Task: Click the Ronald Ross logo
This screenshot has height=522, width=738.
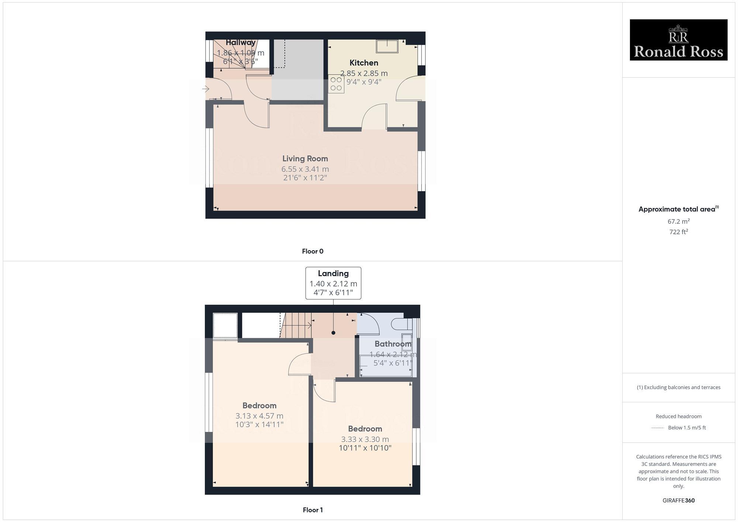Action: click(x=678, y=40)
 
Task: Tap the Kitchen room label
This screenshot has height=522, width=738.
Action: click(x=364, y=63)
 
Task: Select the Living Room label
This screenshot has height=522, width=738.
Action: click(x=305, y=159)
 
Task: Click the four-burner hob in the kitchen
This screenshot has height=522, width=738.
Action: click(x=336, y=84)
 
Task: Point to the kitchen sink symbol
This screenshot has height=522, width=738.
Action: click(x=387, y=47)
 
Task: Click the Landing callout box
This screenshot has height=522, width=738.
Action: click(x=333, y=283)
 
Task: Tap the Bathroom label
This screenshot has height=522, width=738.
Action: click(x=393, y=344)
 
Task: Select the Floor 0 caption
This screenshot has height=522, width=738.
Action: click(x=313, y=251)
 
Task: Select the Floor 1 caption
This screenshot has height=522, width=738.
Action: click(x=313, y=510)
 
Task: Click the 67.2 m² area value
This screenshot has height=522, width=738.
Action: click(x=678, y=221)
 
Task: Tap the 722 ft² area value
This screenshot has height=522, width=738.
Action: click(x=678, y=232)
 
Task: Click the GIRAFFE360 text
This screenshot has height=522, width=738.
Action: click(x=678, y=500)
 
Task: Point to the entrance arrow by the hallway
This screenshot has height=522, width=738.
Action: click(x=206, y=89)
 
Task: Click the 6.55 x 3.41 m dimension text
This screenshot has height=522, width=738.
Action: click(x=305, y=169)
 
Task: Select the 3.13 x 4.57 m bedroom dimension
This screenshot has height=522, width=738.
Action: click(x=259, y=416)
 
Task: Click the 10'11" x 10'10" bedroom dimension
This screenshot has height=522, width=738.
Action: click(x=365, y=448)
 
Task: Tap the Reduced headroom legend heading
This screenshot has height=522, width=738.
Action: click(x=678, y=416)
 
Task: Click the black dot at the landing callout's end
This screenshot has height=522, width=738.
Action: click(x=333, y=333)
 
